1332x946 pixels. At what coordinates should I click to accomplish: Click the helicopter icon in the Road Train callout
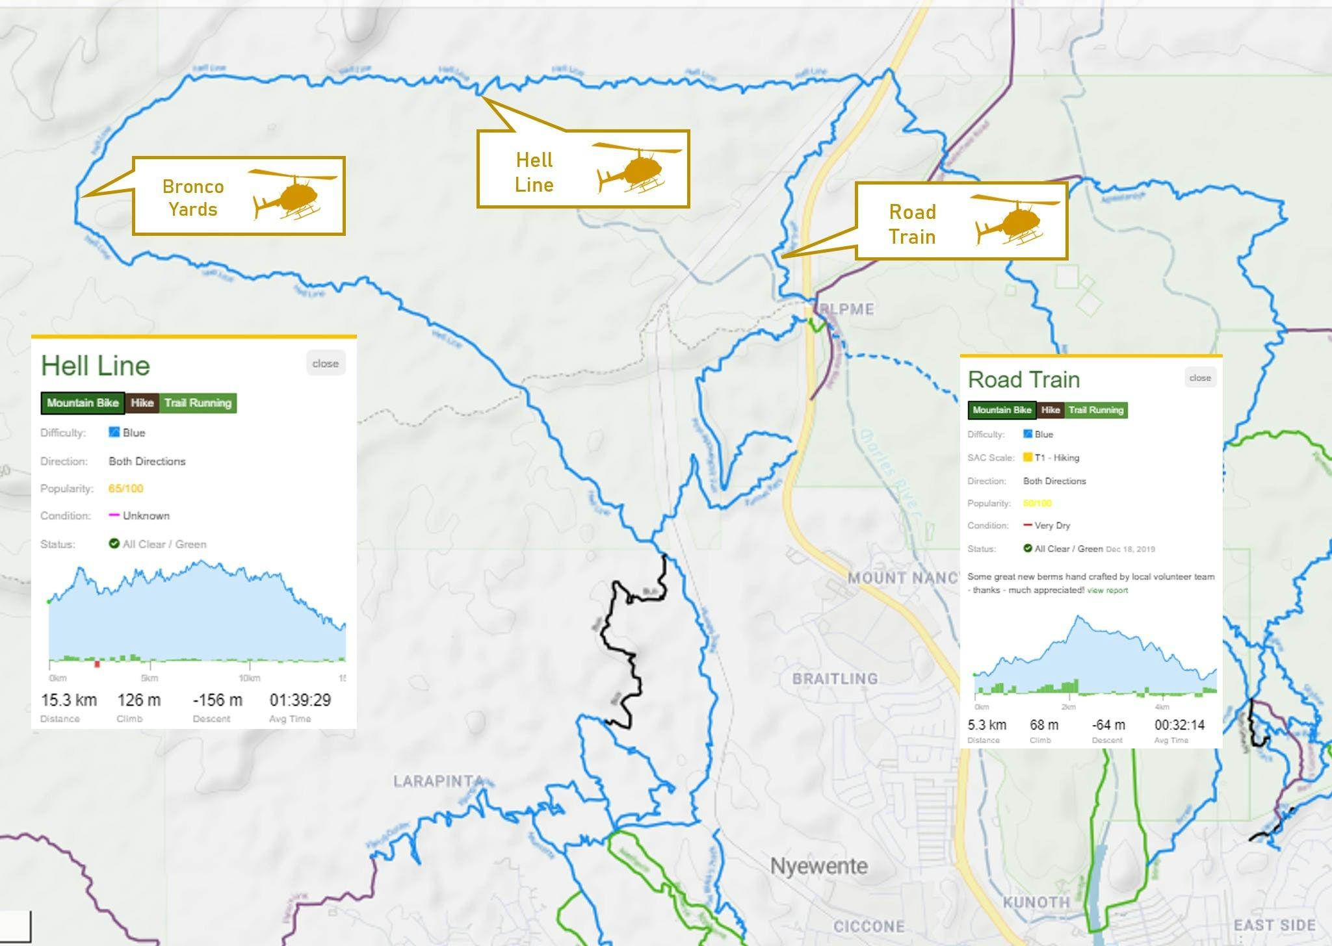click(1014, 220)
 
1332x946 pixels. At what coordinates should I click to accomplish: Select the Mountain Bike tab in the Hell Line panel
click(83, 403)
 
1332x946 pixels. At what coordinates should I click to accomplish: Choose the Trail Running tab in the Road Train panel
click(1096, 410)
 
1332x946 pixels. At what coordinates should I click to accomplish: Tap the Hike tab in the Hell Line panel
click(142, 403)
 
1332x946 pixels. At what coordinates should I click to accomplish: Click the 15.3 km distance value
click(68, 700)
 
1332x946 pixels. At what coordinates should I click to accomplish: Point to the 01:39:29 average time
click(300, 700)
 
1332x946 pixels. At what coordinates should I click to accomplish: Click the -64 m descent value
click(1108, 724)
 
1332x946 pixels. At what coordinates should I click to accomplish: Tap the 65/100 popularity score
click(125, 489)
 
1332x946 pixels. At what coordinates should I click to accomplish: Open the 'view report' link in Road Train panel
click(1107, 590)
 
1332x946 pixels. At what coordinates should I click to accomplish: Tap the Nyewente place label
click(818, 865)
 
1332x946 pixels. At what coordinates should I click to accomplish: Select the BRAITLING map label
click(835, 678)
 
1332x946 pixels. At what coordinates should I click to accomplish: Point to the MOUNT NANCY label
click(902, 578)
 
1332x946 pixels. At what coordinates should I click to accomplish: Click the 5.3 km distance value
click(986, 724)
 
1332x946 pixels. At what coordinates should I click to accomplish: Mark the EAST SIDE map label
click(1274, 925)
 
